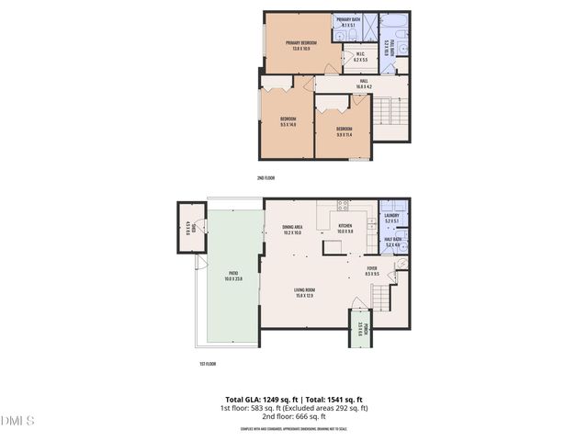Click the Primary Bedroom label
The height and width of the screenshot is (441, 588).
pyautogui.click(x=297, y=45)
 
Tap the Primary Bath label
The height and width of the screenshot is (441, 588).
pyautogui.click(x=348, y=23)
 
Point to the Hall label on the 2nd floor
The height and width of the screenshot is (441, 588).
pyautogui.click(x=364, y=84)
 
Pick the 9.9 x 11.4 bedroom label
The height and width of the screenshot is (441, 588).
pyautogui.click(x=345, y=131)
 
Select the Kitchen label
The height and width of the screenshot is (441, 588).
pyautogui.click(x=345, y=229)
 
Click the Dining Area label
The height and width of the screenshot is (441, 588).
pyautogui.click(x=293, y=229)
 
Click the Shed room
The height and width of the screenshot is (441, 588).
pyautogui.click(x=187, y=226)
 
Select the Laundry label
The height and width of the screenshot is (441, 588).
pyautogui.click(x=391, y=219)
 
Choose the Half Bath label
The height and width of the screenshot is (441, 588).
pyautogui.click(x=391, y=243)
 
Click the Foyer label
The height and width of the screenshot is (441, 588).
pyautogui.click(x=372, y=271)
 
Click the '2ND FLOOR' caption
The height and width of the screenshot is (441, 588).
pyautogui.click(x=266, y=177)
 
